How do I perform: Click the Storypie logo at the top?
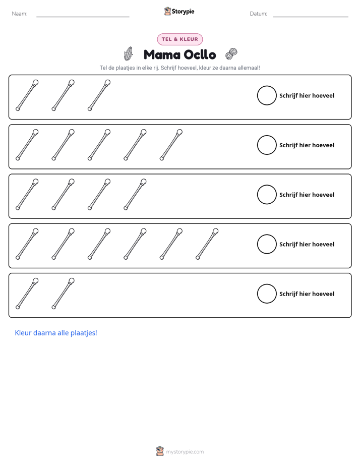click(179, 11)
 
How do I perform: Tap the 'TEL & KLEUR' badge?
click(179, 39)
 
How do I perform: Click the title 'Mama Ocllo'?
click(179, 54)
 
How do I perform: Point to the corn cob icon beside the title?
click(128, 53)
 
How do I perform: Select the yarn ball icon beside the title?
click(231, 54)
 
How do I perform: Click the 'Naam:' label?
click(20, 14)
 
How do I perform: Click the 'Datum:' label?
click(258, 14)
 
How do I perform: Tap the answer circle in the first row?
click(267, 95)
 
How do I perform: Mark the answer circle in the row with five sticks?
click(267, 145)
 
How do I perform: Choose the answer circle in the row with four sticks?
click(267, 195)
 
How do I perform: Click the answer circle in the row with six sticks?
click(267, 244)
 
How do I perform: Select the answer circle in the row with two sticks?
click(267, 294)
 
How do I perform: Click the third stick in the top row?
click(99, 95)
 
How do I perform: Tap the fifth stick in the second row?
click(171, 145)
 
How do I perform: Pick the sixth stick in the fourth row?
click(207, 244)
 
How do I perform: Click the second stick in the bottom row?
click(63, 294)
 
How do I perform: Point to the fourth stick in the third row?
click(135, 194)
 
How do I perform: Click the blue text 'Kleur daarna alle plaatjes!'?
click(56, 333)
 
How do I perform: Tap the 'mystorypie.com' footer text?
click(185, 452)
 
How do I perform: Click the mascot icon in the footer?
click(160, 451)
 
